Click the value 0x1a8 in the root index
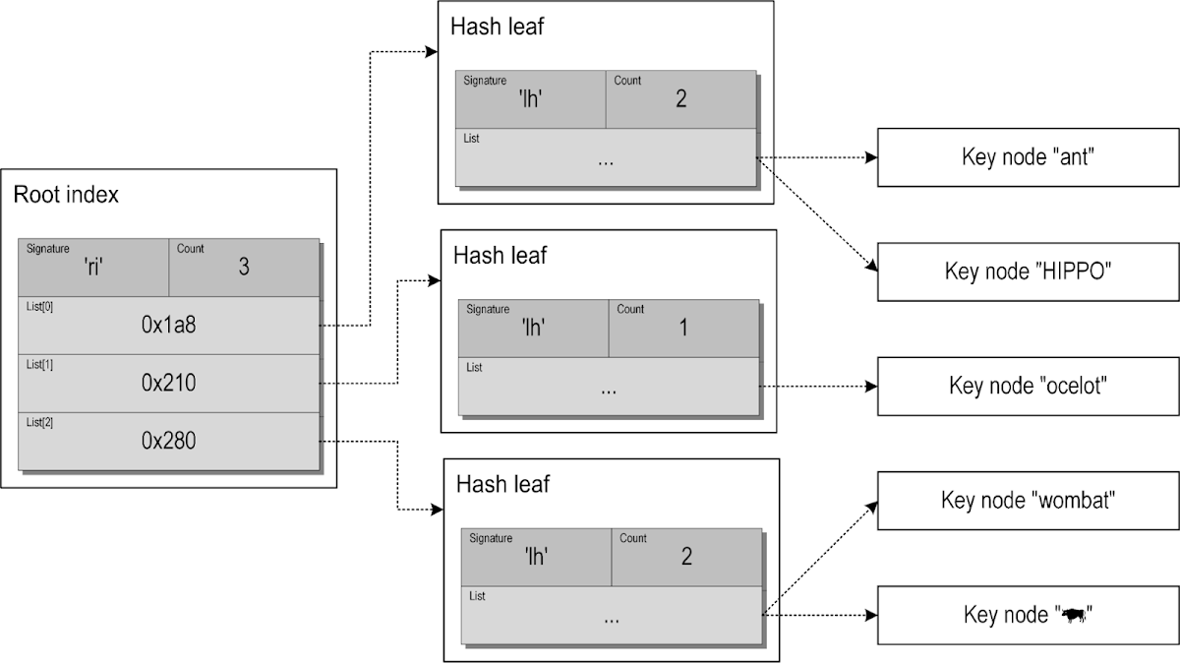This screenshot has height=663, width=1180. [x=168, y=325]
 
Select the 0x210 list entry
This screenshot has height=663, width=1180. [x=168, y=383]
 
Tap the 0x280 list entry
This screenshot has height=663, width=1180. [x=168, y=441]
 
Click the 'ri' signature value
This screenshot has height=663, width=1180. [x=94, y=267]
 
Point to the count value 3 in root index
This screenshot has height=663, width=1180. [x=244, y=267]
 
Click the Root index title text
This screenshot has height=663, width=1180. [x=66, y=195]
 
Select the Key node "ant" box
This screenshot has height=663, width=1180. [x=1027, y=157]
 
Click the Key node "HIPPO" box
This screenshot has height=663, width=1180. [x=1027, y=271]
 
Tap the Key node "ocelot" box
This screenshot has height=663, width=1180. [x=1029, y=386]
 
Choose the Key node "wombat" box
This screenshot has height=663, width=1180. [x=1027, y=501]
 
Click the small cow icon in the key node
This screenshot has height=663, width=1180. [x=1072, y=616]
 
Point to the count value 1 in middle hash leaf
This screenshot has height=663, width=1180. [x=683, y=328]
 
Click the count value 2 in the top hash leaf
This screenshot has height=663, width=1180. [x=680, y=99]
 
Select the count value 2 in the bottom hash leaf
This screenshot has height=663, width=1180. [x=685, y=557]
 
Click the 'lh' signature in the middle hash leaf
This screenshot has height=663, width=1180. [x=533, y=328]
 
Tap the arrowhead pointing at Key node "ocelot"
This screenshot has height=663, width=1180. [x=871, y=387]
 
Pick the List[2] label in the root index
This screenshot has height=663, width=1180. [x=39, y=422]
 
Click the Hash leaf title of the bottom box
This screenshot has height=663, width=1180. [x=502, y=484]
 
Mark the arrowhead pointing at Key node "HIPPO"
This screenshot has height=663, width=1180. [x=869, y=267]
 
